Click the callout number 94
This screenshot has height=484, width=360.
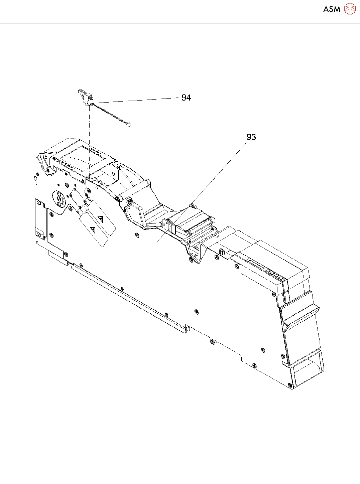pyautogui.click(x=186, y=98)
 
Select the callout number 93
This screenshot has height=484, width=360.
pyautogui.click(x=251, y=137)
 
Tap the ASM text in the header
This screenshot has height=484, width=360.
pyautogui.click(x=332, y=9)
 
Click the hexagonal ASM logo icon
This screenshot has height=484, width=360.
pyautogui.click(x=350, y=9)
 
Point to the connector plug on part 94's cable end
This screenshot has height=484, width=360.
pyautogui.click(x=128, y=125)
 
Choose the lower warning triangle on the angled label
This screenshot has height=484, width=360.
pyautogui.click(x=93, y=230)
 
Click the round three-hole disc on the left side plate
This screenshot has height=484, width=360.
pyautogui.click(x=59, y=199)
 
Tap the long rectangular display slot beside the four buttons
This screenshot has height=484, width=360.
pyautogui.click(x=256, y=265)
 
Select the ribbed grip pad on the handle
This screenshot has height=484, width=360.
pyautogui.click(x=130, y=201)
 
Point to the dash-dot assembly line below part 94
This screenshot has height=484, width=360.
pyautogui.click(x=89, y=140)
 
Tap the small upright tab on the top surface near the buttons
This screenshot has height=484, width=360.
pyautogui.click(x=221, y=251)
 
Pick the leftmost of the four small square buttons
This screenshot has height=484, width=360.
pyautogui.click(x=268, y=271)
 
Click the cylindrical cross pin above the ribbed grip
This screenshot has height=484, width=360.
pyautogui.click(x=133, y=190)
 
